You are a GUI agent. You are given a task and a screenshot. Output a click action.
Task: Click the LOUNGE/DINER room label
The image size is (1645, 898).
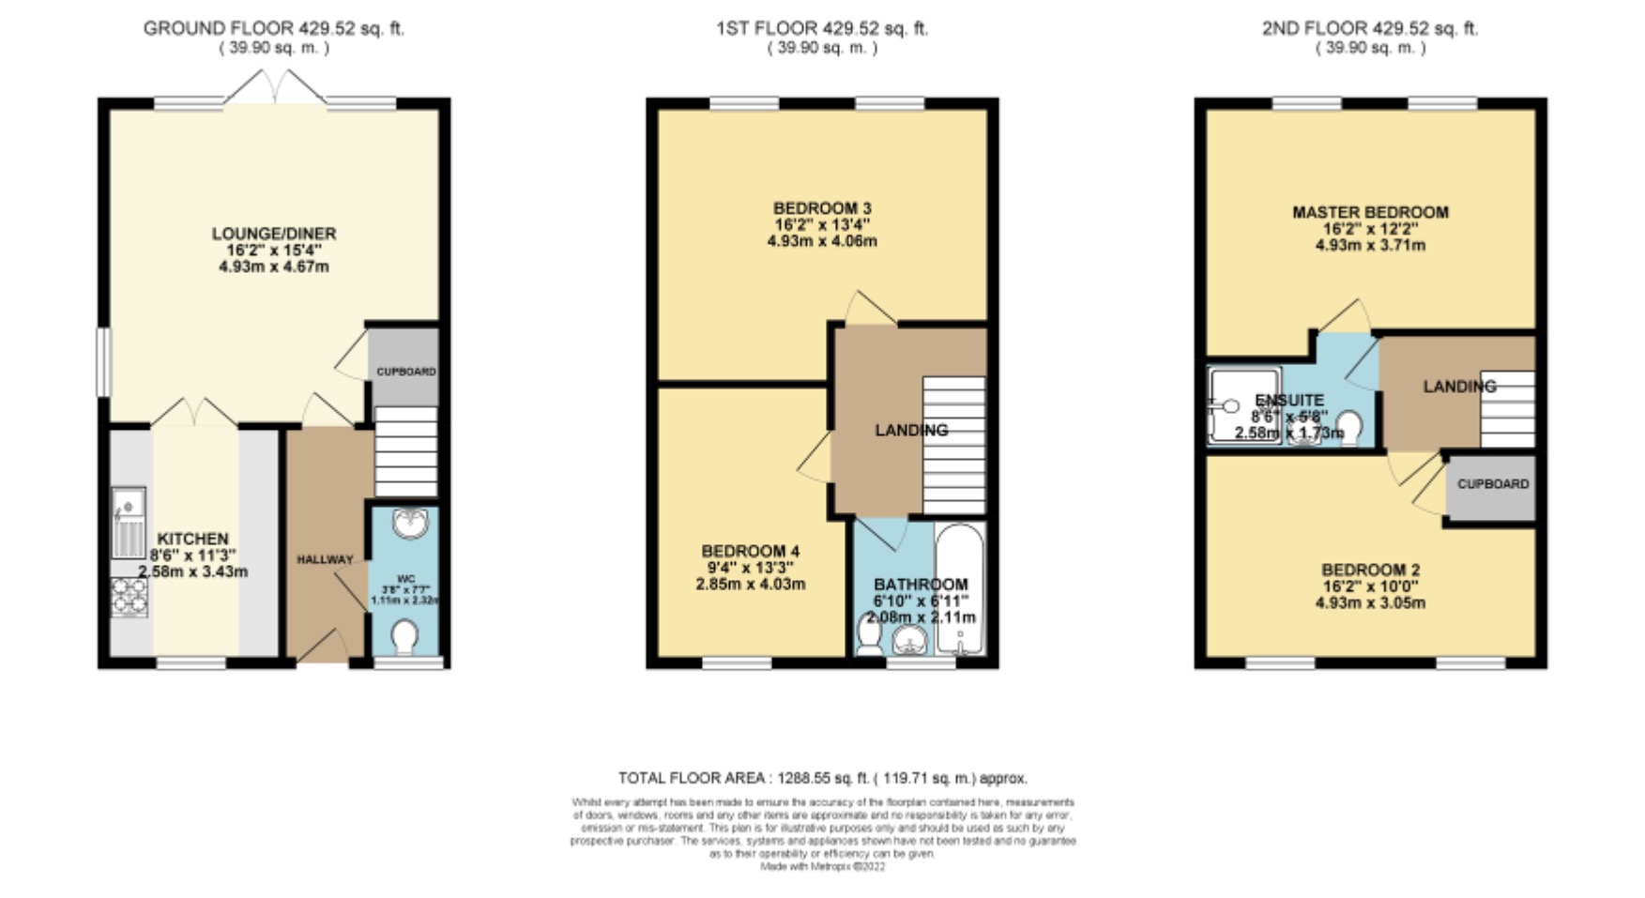click(x=273, y=234)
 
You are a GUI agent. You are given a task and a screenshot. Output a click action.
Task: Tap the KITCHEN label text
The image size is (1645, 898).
click(x=192, y=539)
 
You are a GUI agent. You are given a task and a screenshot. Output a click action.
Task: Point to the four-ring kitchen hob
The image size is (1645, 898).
click(x=129, y=597)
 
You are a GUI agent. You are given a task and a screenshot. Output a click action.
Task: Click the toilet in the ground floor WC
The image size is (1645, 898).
click(x=405, y=638)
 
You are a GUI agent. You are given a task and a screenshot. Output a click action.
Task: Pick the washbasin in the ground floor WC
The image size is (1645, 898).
click(x=410, y=523)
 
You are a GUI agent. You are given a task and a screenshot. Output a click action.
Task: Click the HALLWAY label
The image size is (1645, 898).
click(x=325, y=559)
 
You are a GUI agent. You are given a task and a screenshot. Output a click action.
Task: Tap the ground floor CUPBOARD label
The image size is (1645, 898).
click(x=405, y=372)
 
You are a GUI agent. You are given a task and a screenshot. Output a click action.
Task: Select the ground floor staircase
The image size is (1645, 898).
click(x=405, y=451)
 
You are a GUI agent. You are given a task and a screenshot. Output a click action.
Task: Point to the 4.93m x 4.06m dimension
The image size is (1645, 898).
click(x=821, y=241)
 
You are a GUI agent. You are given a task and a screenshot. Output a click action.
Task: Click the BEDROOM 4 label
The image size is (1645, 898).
click(x=750, y=551)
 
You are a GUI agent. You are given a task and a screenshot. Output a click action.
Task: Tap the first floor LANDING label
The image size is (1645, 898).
click(x=910, y=430)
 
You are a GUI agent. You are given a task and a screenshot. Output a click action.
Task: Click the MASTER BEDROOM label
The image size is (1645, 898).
click(x=1369, y=213)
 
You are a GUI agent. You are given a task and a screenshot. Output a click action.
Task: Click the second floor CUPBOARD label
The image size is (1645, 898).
click(x=1492, y=484)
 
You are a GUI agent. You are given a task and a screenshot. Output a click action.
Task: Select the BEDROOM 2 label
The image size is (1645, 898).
click(x=1369, y=570)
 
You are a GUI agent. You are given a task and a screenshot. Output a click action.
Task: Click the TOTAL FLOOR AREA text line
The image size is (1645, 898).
click(x=822, y=778)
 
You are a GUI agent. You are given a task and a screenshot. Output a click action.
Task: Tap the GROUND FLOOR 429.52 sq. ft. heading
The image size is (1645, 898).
click(x=273, y=29)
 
